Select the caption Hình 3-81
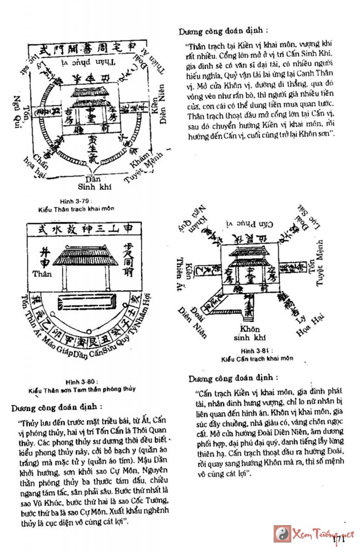tap(242, 350)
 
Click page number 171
tap(339, 539)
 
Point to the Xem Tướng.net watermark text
tap(324, 533)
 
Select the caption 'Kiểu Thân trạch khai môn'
tap(77, 209)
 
